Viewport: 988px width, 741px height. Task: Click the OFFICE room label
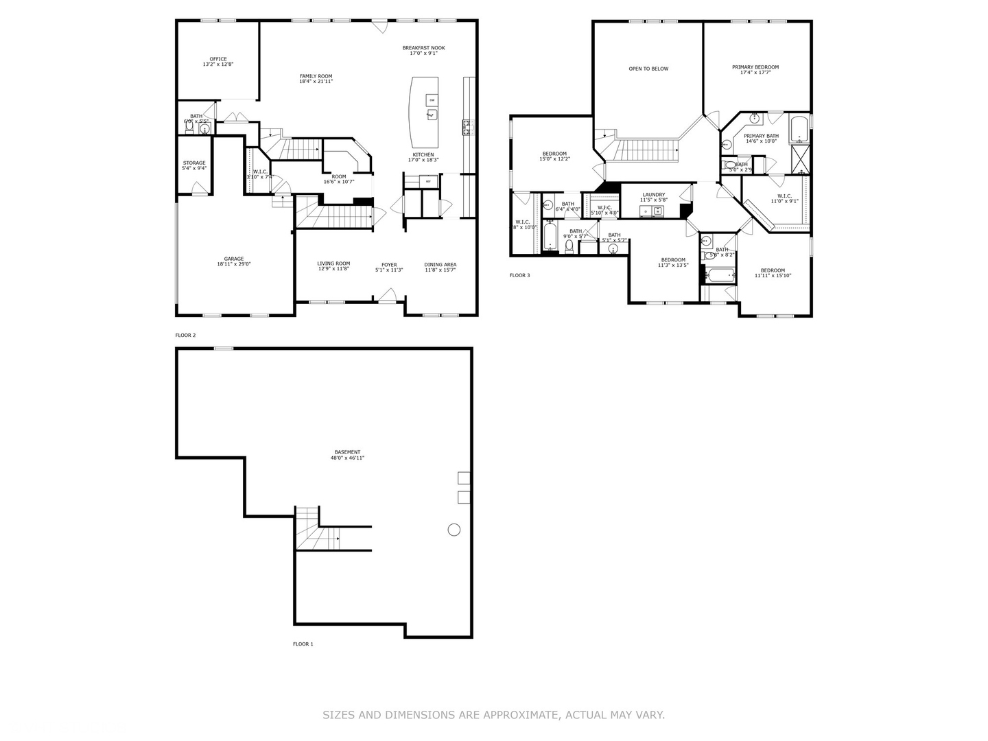[x=218, y=59]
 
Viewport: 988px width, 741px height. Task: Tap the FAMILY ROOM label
[x=316, y=76]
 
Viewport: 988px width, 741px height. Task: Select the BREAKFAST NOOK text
[x=423, y=48]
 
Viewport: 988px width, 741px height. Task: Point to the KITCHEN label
[x=423, y=154]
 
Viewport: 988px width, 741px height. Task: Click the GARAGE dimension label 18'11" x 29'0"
[x=234, y=264]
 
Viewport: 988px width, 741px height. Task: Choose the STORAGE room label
[x=194, y=163]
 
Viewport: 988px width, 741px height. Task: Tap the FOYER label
[x=389, y=264]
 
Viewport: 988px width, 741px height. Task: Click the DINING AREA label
[x=440, y=264]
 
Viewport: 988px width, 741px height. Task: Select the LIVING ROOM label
[x=333, y=263]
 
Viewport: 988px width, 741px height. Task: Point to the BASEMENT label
[x=347, y=452]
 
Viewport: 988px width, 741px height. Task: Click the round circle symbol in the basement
[x=454, y=529]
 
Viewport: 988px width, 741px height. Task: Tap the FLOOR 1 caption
[x=303, y=644]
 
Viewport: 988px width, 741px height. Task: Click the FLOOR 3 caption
[x=519, y=276]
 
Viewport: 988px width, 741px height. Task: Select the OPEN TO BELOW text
[x=648, y=69]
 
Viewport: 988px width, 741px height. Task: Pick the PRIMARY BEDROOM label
[x=755, y=67]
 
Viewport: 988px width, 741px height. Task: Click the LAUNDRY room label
[x=653, y=195]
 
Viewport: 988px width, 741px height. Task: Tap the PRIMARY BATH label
[x=761, y=136]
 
